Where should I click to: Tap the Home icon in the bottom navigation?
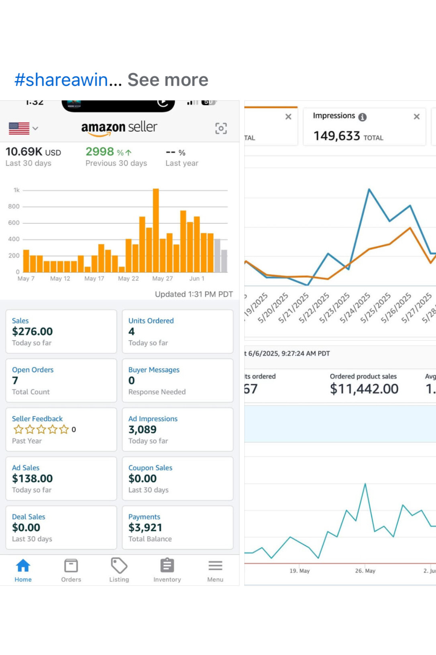pyautogui.click(x=23, y=566)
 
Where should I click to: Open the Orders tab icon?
pyautogui.click(x=71, y=566)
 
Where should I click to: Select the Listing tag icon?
pyautogui.click(x=119, y=566)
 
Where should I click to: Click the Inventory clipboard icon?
pyautogui.click(x=167, y=566)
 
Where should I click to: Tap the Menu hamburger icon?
pyautogui.click(x=215, y=566)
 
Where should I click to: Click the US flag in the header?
pyautogui.click(x=19, y=128)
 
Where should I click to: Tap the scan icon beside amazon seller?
pyautogui.click(x=221, y=128)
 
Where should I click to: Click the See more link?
pyautogui.click(x=168, y=80)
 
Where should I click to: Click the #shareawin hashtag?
pyautogui.click(x=61, y=80)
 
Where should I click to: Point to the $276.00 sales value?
pyautogui.click(x=33, y=332)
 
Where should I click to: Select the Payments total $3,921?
pyautogui.click(x=145, y=528)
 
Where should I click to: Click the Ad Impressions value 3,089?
pyautogui.click(x=143, y=430)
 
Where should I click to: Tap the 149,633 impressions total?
pyautogui.click(x=337, y=136)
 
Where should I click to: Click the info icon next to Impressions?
pyautogui.click(x=363, y=117)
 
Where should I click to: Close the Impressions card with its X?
pyautogui.click(x=417, y=117)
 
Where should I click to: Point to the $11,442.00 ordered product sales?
pyautogui.click(x=364, y=389)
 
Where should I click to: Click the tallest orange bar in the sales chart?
pyautogui.click(x=156, y=230)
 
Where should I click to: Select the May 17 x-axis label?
pyautogui.click(x=94, y=278)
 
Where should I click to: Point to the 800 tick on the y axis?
pyautogui.click(x=14, y=207)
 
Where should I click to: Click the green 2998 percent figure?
pyautogui.click(x=100, y=152)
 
